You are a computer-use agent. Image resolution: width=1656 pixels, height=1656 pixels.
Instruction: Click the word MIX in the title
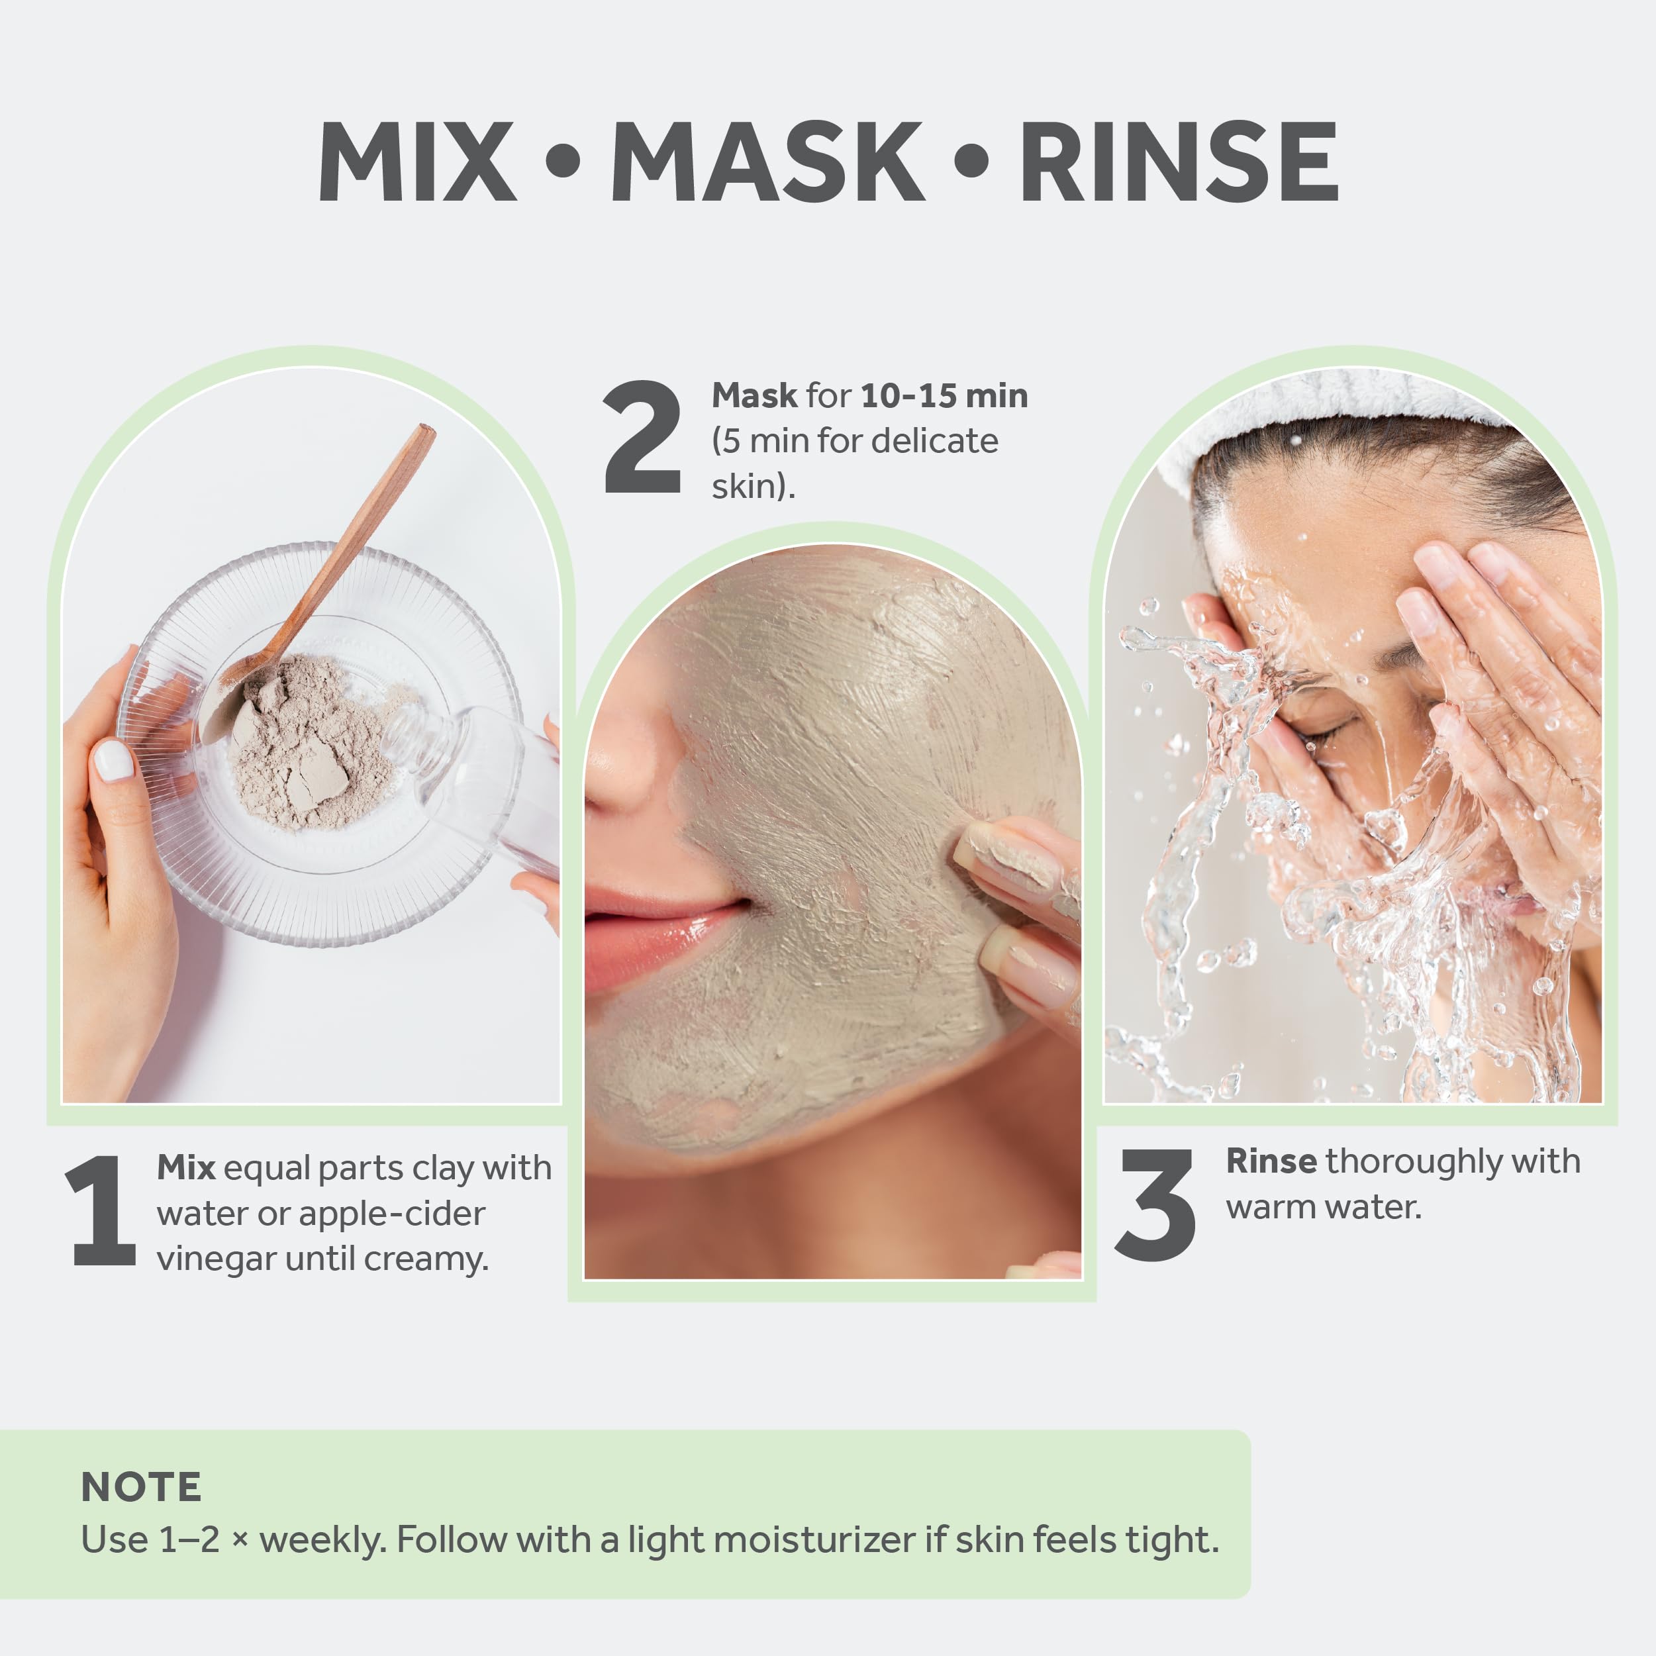[x=416, y=161]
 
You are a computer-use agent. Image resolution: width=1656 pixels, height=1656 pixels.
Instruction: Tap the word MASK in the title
[x=767, y=161]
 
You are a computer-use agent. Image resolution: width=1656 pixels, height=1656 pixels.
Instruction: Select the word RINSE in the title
[x=1179, y=161]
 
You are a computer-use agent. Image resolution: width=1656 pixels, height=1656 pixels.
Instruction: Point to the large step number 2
[x=642, y=437]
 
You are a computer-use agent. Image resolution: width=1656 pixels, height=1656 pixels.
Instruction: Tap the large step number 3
[x=1155, y=1204]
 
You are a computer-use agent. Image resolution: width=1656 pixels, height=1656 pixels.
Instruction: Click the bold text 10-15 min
[x=944, y=395]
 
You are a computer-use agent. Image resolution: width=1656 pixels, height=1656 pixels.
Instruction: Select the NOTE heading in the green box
[x=142, y=1486]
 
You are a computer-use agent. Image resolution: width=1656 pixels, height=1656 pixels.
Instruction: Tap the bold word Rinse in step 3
[x=1271, y=1161]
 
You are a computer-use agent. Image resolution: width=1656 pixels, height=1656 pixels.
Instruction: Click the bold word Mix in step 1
[x=186, y=1167]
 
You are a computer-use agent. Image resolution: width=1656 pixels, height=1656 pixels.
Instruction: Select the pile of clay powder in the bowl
[x=309, y=742]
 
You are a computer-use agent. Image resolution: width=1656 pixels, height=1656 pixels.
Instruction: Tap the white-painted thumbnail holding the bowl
[x=113, y=760]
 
